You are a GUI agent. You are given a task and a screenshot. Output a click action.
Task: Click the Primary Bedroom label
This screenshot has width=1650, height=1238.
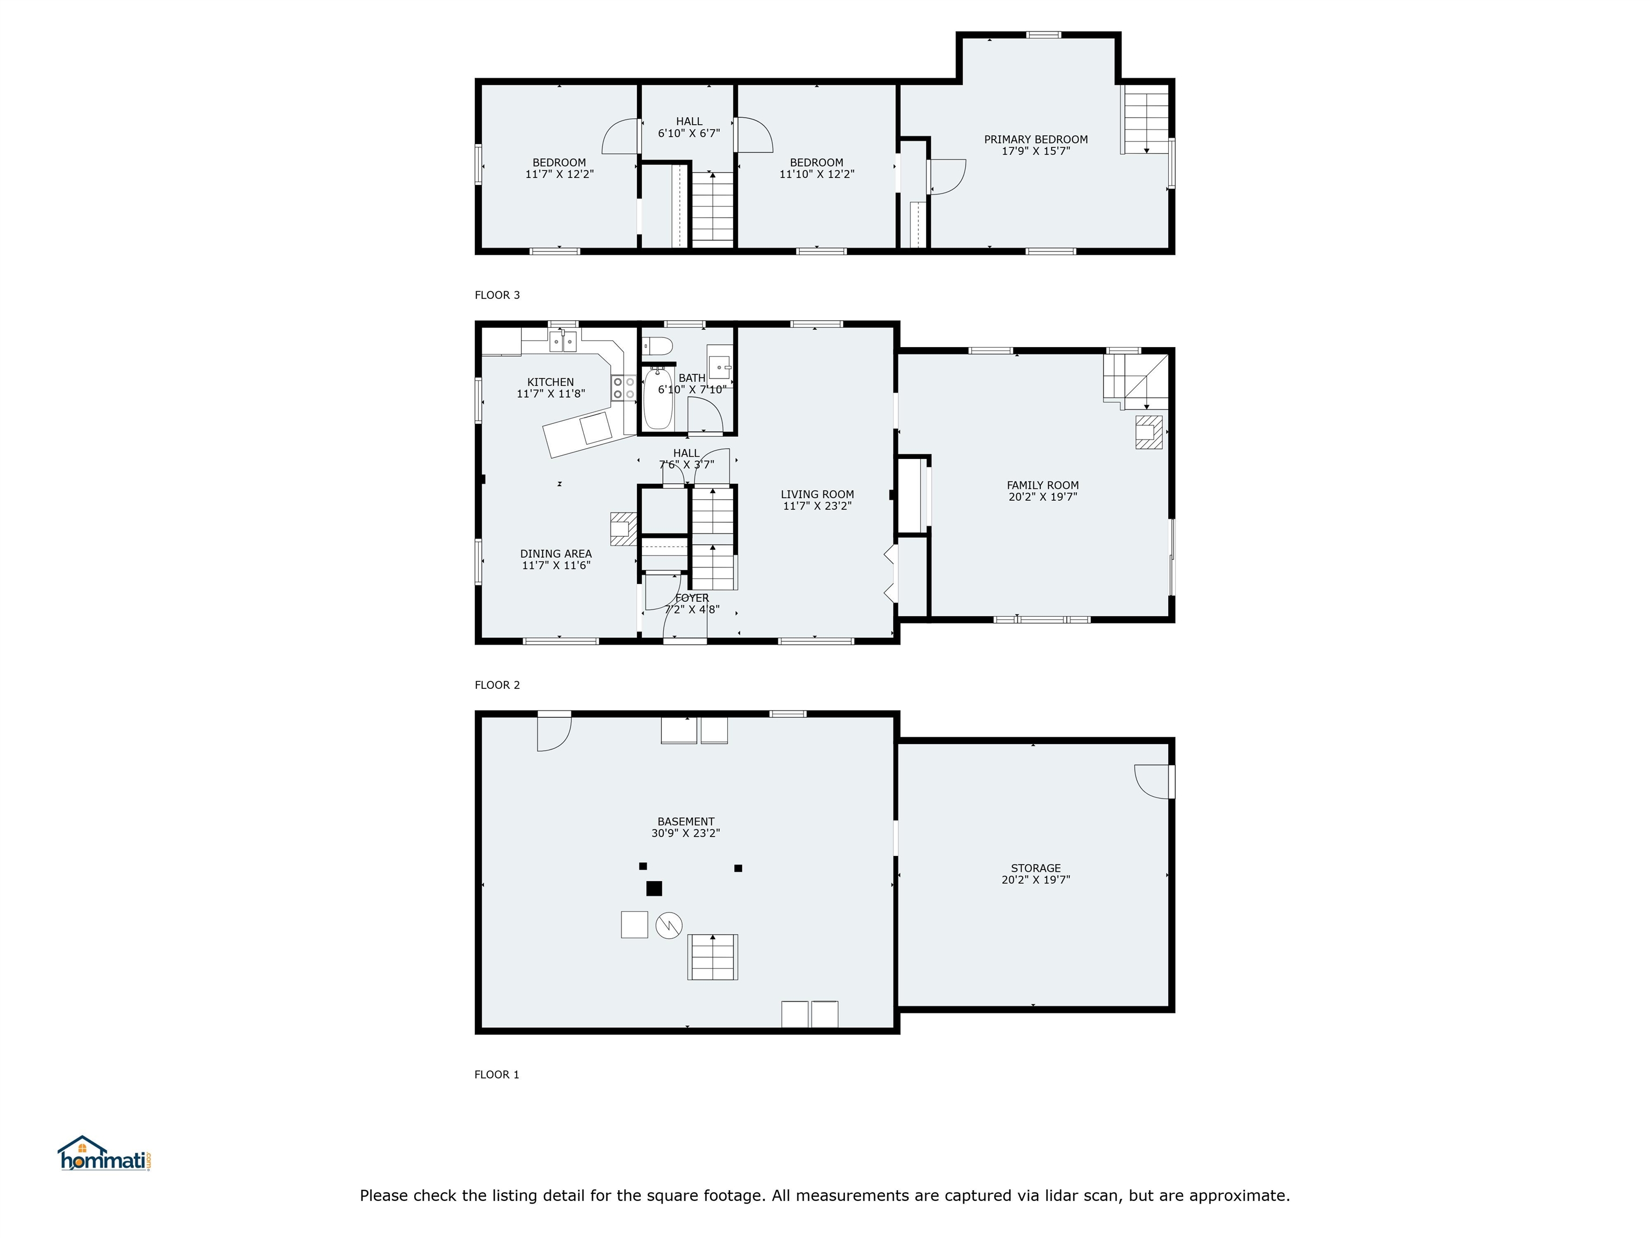pyautogui.click(x=1036, y=140)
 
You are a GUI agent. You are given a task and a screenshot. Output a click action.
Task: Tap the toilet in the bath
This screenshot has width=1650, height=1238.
pyautogui.click(x=658, y=346)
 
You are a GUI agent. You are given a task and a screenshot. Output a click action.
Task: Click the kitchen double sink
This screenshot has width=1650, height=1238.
pyautogui.click(x=563, y=342)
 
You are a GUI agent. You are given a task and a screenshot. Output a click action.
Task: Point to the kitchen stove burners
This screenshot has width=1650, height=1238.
pyautogui.click(x=624, y=388)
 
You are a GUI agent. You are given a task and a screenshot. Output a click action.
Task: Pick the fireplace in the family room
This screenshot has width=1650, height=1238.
pyautogui.click(x=1149, y=432)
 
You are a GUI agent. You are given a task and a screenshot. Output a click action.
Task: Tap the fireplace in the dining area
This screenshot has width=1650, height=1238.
pyautogui.click(x=623, y=528)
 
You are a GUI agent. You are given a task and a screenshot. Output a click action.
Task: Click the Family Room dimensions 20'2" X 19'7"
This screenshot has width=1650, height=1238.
pyautogui.click(x=1042, y=497)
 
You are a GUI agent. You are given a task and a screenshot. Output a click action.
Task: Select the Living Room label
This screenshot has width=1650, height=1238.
pyautogui.click(x=817, y=494)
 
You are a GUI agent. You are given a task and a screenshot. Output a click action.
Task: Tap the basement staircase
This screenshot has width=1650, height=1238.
pyautogui.click(x=712, y=956)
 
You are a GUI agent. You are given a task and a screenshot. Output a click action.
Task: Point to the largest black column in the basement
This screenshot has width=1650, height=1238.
pyautogui.click(x=654, y=888)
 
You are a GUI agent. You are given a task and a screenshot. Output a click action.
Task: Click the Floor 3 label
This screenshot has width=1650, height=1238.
pyautogui.click(x=497, y=295)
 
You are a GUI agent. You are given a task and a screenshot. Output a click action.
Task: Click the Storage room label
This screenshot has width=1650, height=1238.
pyautogui.click(x=1036, y=868)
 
